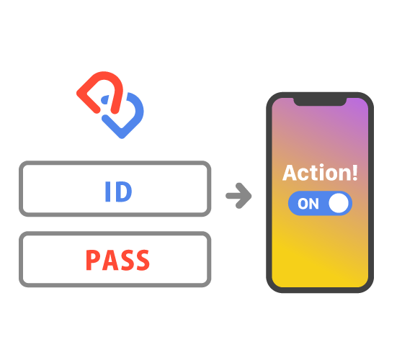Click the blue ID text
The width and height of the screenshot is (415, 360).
(x=118, y=192)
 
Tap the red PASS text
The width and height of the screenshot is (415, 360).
(x=117, y=260)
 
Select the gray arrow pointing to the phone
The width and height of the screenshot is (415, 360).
(x=238, y=196)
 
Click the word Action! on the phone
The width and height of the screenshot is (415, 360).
(x=320, y=173)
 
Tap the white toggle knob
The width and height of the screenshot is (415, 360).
(x=339, y=203)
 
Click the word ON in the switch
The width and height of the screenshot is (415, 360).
(x=308, y=204)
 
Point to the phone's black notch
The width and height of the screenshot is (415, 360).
(x=320, y=102)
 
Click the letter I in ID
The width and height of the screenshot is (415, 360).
(x=107, y=192)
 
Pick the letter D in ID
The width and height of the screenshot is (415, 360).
(x=123, y=192)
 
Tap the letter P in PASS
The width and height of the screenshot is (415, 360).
(x=93, y=260)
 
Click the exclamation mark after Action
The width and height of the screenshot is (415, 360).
(x=355, y=173)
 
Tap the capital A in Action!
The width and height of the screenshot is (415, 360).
(x=290, y=173)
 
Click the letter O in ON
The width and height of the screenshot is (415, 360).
(x=303, y=204)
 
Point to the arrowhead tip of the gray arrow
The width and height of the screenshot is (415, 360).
(x=251, y=196)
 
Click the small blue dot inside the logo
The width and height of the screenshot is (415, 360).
(x=105, y=99)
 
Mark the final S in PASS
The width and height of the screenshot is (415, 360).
(x=143, y=260)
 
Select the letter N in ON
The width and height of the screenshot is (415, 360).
(x=314, y=204)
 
